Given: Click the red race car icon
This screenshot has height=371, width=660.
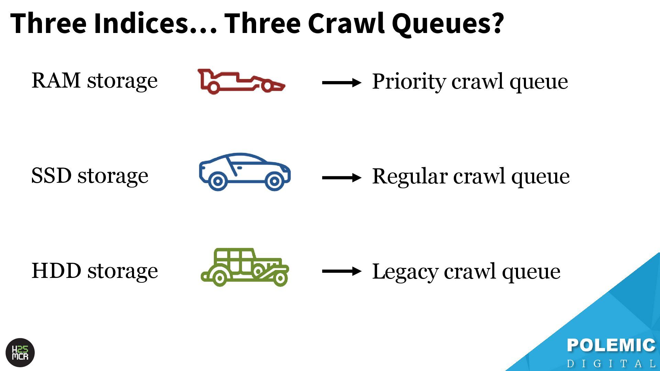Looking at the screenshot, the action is click(241, 81).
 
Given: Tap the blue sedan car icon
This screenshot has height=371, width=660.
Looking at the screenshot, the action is click(244, 172).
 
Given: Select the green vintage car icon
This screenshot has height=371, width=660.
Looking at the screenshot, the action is click(244, 267).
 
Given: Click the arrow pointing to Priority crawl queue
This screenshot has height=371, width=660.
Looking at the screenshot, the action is click(341, 82).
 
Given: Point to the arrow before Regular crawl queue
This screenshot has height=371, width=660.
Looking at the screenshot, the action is click(341, 178).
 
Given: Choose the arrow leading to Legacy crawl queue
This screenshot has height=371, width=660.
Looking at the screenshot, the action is click(341, 271).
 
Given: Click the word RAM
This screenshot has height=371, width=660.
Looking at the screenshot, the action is click(56, 80).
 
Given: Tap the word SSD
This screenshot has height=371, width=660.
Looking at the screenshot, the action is click(51, 176).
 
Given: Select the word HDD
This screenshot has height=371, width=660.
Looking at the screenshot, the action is click(56, 271).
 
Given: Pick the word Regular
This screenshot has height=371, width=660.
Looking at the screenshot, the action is click(409, 177).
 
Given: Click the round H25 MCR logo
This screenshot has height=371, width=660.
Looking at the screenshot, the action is click(20, 353).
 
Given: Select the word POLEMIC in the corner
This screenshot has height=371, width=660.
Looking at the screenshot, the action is click(611, 345).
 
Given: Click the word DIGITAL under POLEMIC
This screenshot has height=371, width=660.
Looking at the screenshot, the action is click(611, 363).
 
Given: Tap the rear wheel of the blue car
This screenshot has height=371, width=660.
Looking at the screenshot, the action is click(217, 181).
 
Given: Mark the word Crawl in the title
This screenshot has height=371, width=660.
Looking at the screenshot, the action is click(346, 23).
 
